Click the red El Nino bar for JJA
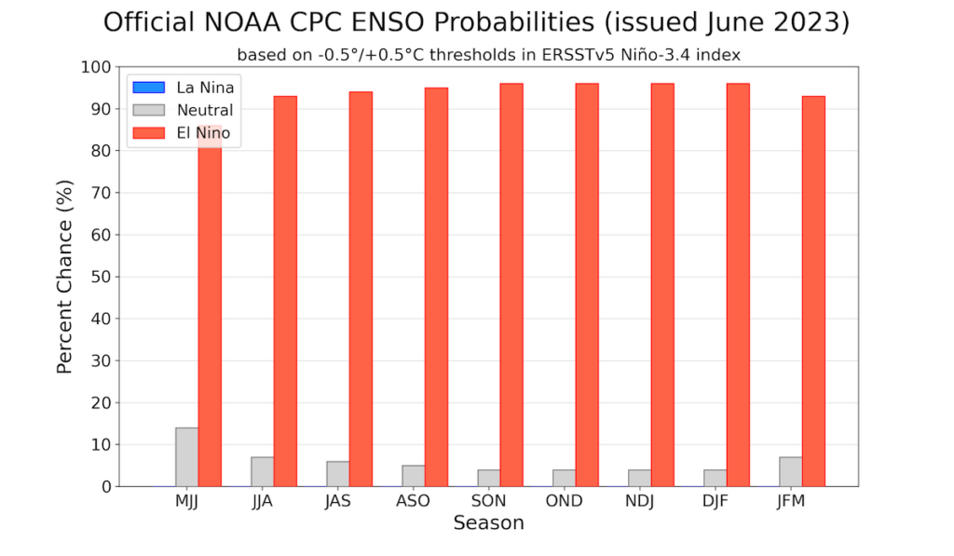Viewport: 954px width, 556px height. click(x=285, y=291)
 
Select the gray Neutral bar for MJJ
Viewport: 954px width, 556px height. click(x=186, y=457)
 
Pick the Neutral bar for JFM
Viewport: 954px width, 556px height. click(x=790, y=471)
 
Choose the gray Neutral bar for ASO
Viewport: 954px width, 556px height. click(x=413, y=476)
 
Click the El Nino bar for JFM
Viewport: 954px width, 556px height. click(x=813, y=291)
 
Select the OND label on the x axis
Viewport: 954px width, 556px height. click(x=564, y=501)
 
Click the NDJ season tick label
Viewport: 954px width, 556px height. click(x=639, y=501)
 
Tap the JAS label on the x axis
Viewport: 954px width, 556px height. click(x=337, y=501)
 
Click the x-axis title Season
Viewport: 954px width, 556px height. click(x=488, y=523)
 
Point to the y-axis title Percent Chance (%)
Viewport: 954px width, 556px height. click(x=64, y=277)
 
